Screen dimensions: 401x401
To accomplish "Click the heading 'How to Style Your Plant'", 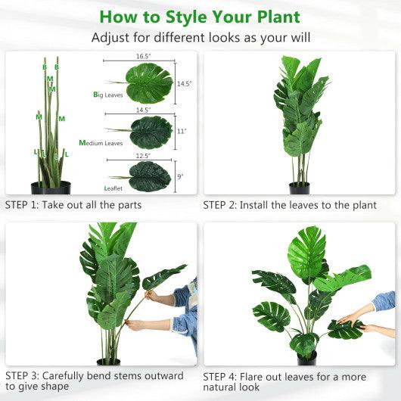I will click(x=200, y=16).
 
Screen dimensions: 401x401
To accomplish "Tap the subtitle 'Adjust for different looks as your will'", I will click(x=200, y=38).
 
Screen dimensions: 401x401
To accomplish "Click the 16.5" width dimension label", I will click(x=145, y=56).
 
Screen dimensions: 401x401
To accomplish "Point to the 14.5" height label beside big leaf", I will click(x=183, y=83).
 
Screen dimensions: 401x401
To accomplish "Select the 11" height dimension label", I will click(x=182, y=132).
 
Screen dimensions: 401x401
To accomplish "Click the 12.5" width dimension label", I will click(x=143, y=156).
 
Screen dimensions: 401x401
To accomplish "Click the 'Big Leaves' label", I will click(x=107, y=95).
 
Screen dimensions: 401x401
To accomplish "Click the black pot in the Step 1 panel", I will click(x=50, y=188).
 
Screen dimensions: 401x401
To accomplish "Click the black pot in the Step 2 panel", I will click(x=300, y=188).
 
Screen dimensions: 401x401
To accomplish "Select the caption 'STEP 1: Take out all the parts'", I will click(x=73, y=204).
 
